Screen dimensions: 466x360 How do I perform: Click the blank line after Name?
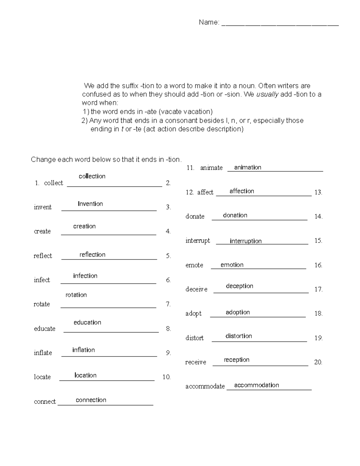[280, 25]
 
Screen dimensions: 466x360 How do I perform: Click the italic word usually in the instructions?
[267, 94]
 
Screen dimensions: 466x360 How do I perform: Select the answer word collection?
[92, 176]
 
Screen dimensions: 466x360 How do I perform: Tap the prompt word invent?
[43, 207]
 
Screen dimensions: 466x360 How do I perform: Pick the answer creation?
[84, 226]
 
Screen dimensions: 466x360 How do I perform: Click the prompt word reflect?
[43, 256]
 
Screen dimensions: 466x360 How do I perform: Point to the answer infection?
[85, 276]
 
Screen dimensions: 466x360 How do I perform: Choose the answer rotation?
[76, 295]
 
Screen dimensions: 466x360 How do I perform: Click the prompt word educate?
[44, 329]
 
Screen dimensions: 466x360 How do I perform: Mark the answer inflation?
[83, 350]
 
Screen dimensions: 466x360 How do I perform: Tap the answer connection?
[91, 400]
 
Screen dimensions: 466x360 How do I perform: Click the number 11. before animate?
[190, 168]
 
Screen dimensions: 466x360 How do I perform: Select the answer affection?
[241, 191]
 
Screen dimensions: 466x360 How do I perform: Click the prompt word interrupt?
[197, 241]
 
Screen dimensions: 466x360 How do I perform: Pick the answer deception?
[239, 286]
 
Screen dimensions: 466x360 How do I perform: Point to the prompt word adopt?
[193, 314]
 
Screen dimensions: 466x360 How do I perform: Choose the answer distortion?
[238, 336]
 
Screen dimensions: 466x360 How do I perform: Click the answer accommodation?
[256, 385]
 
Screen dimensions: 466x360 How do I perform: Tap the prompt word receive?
[196, 362]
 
